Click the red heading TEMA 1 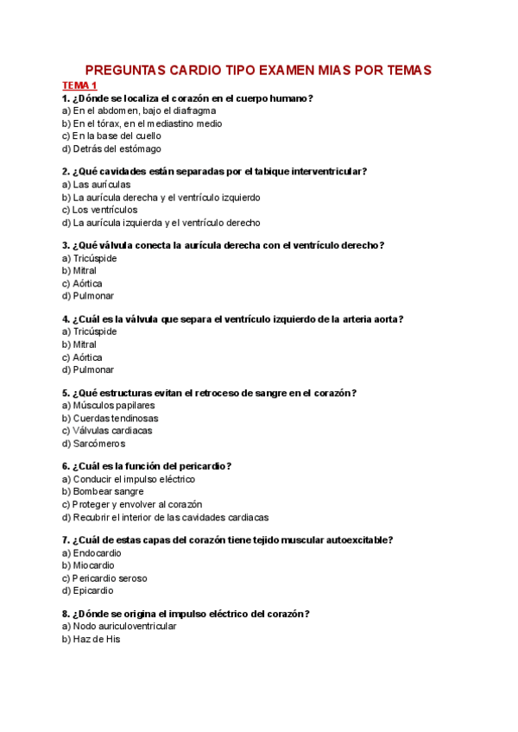click(79, 85)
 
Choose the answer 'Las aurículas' click(96, 185)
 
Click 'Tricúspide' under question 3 click(94, 258)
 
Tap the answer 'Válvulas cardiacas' click(112, 431)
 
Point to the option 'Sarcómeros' click(98, 444)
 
